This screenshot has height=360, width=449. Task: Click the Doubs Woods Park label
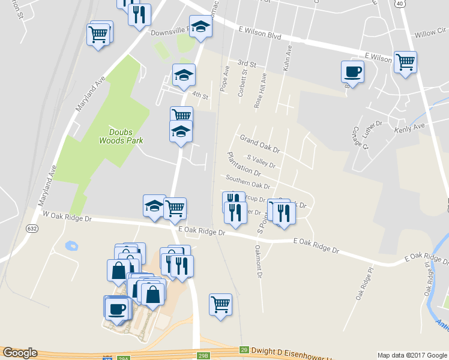(x=121, y=136)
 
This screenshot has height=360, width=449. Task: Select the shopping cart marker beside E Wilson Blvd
(x=406, y=62)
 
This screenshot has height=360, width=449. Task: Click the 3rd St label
(x=247, y=64)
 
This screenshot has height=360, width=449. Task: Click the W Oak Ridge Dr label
(x=66, y=216)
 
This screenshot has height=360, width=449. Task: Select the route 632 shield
(x=32, y=228)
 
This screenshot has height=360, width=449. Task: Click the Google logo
(x=20, y=353)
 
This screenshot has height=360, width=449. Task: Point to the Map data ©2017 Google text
(x=412, y=355)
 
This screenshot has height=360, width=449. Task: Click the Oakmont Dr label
(x=259, y=262)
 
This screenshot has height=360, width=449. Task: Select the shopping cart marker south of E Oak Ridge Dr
(x=220, y=304)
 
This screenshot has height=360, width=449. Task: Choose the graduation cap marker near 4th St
(x=184, y=76)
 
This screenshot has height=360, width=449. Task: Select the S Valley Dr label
(x=261, y=161)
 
